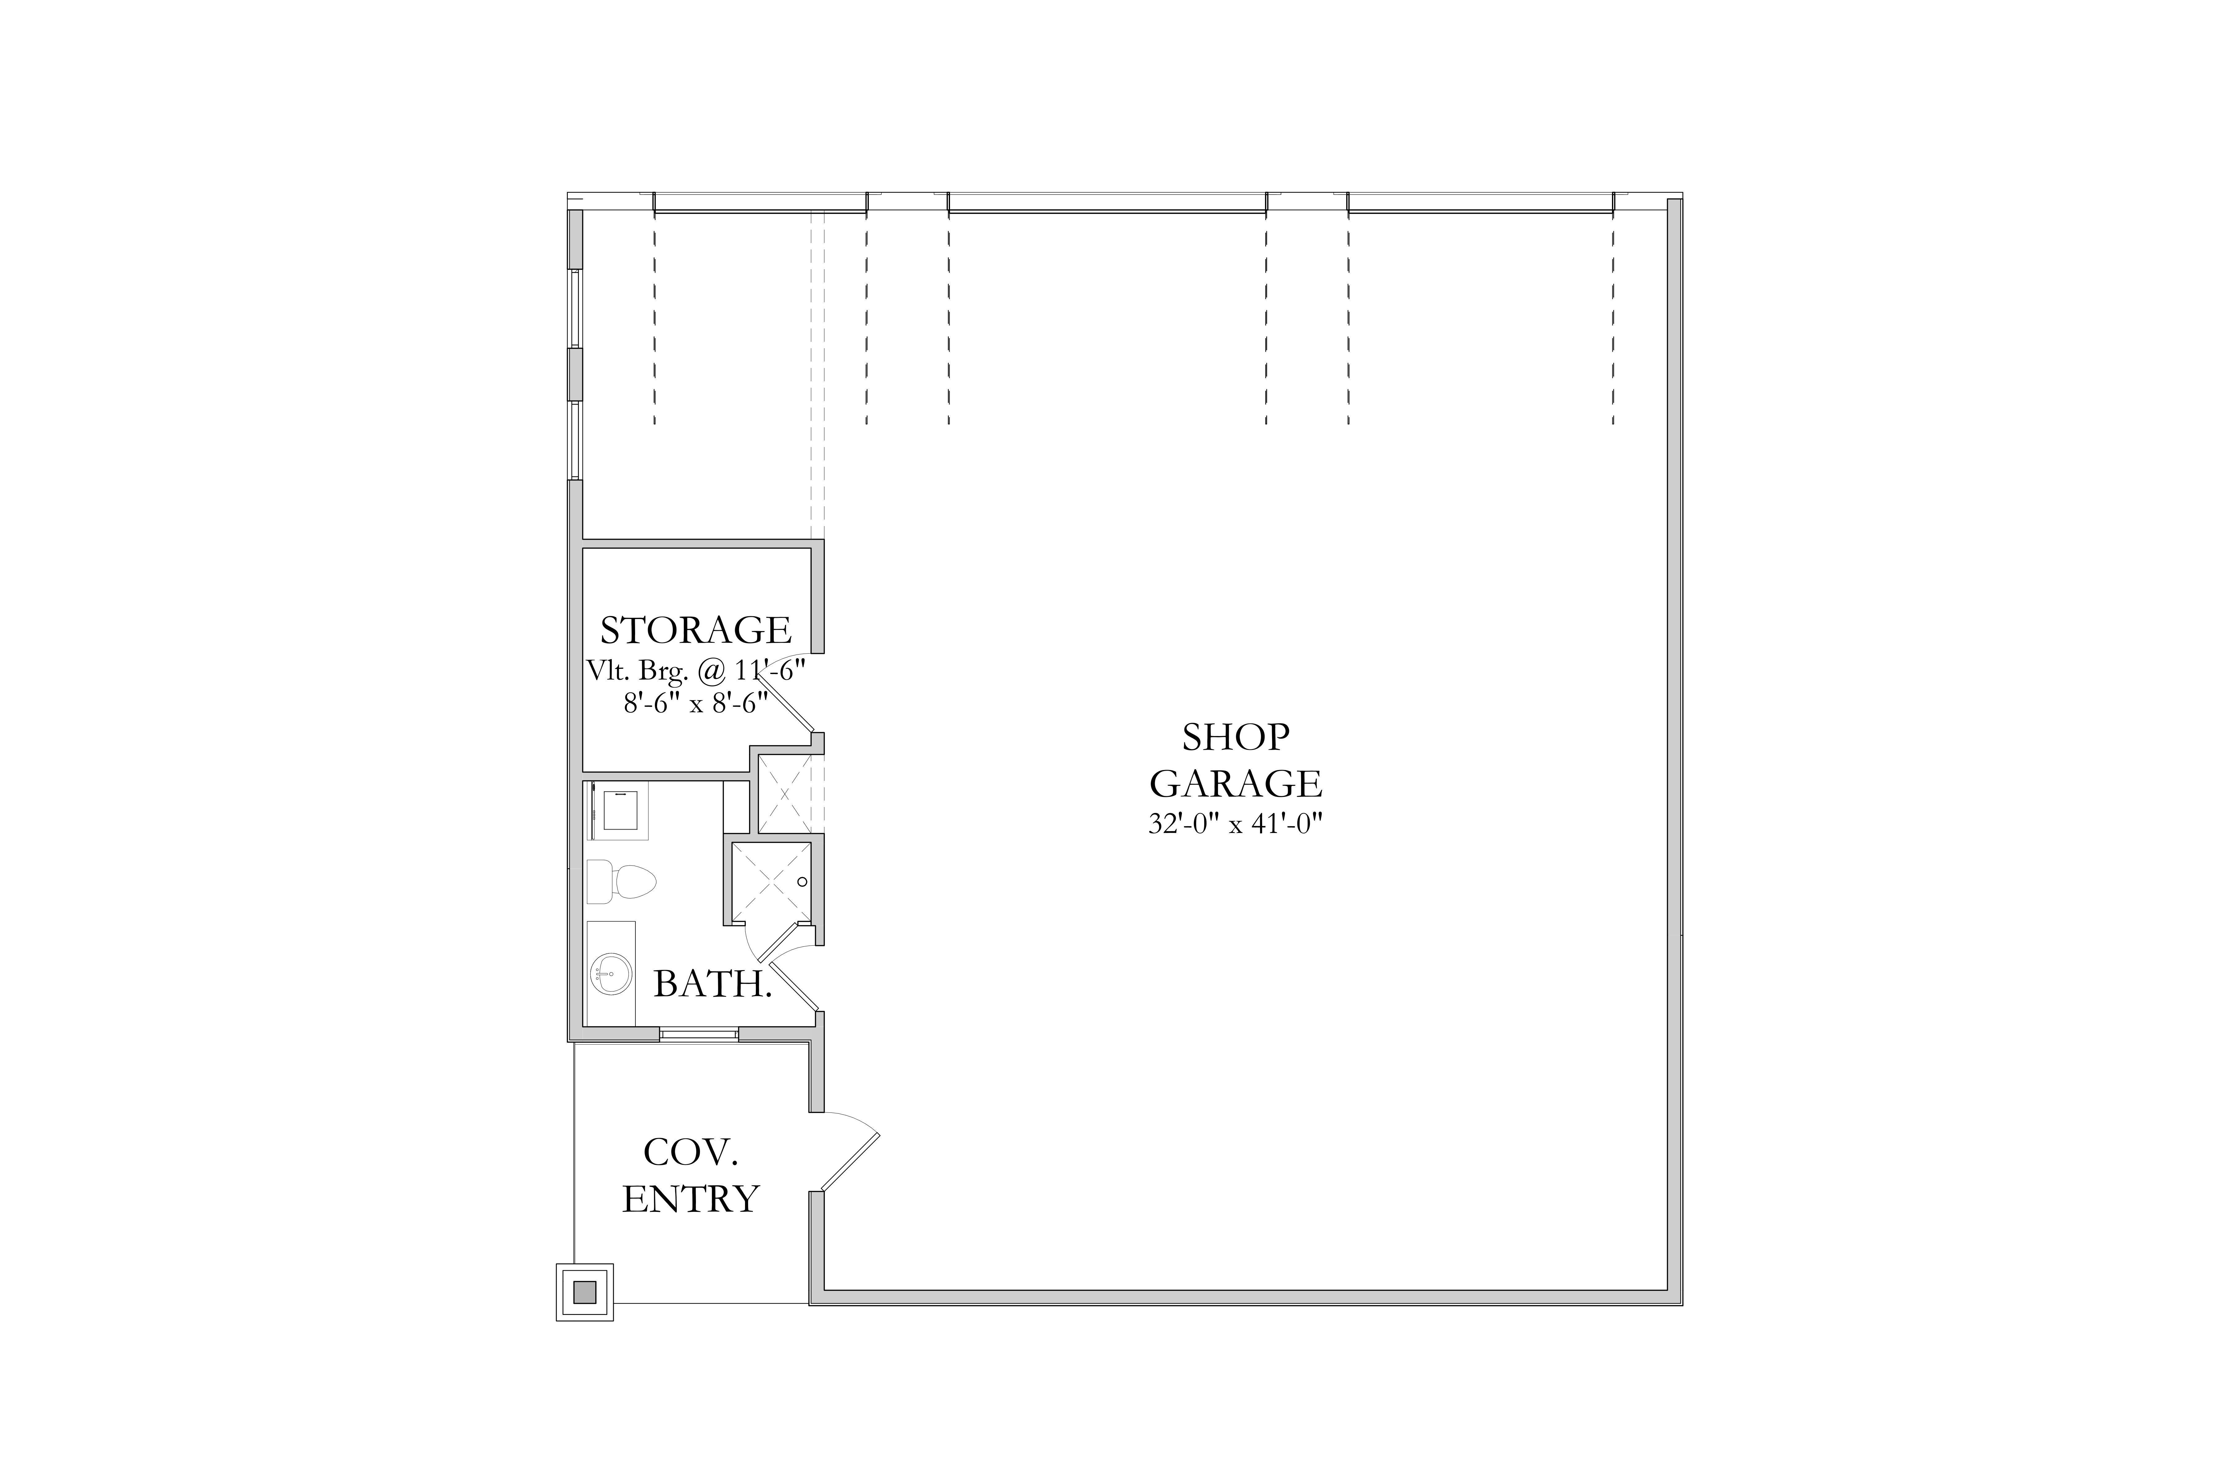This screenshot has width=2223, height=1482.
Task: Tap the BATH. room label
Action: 713,985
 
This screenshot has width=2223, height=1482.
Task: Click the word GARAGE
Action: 1235,784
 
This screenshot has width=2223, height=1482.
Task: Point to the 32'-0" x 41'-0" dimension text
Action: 1235,824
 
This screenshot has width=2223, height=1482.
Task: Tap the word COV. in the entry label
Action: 691,1152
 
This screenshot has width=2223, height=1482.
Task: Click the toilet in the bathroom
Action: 621,882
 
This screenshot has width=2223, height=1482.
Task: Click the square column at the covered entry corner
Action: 585,1292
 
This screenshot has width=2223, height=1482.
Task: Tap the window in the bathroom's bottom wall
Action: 698,1034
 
